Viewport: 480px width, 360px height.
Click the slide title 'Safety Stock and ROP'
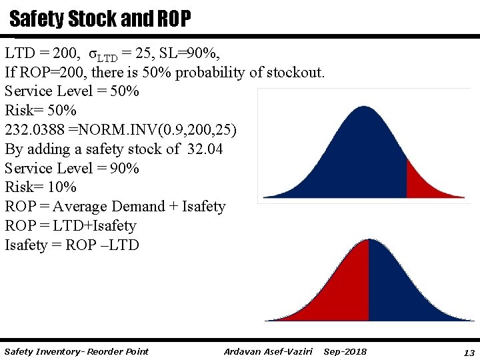point(100,19)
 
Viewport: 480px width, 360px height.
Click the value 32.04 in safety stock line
point(204,149)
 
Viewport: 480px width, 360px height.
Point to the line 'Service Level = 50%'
point(72,91)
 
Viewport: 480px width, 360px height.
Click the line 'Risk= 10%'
point(41,187)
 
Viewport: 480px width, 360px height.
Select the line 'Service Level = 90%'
point(72,168)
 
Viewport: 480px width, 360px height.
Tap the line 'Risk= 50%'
point(41,110)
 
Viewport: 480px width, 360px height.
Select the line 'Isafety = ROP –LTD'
point(72,245)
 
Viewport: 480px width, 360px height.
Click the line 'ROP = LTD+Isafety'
point(70,226)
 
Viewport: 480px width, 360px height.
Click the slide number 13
point(469,352)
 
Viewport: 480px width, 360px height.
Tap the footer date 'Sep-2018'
point(345,351)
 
